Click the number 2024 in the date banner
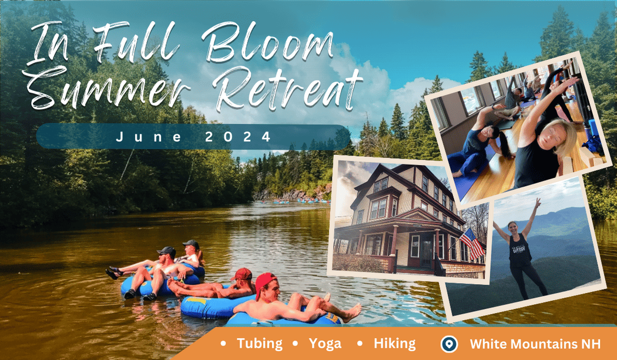coord(238,137)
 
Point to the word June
coord(149,137)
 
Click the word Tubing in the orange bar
coord(260,344)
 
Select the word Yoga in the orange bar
coord(325,344)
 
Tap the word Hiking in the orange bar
coord(395,344)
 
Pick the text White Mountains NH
coord(535,344)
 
